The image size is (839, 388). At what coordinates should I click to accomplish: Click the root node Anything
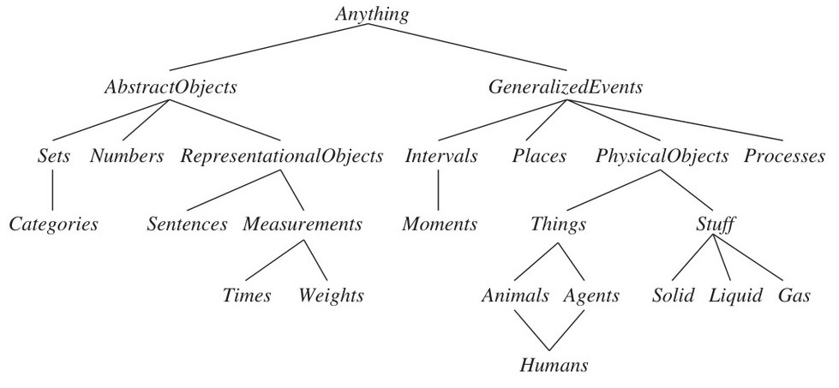(372, 15)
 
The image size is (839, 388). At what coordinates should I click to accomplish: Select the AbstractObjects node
(171, 87)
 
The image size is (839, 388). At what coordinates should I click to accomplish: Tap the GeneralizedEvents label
(566, 87)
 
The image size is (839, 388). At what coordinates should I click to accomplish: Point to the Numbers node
(127, 156)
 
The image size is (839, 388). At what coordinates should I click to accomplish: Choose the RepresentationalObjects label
(282, 156)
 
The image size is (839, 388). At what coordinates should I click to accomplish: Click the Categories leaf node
(53, 224)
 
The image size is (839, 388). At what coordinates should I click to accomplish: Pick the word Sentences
(188, 224)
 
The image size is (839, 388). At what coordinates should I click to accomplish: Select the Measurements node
(303, 224)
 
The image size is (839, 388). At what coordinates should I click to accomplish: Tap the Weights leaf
(331, 295)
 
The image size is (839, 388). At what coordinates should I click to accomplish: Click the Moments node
(440, 224)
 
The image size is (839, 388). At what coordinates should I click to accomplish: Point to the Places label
(539, 156)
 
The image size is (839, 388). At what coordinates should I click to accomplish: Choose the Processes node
(784, 156)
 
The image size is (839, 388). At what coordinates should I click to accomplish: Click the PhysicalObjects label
(662, 156)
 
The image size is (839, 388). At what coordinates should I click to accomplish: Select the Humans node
(554, 366)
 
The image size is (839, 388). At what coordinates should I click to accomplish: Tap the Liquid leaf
(735, 295)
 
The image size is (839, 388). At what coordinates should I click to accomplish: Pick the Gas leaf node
(794, 295)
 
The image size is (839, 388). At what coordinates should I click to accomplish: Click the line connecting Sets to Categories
(52, 190)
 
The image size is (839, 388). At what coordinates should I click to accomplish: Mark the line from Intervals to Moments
(438, 190)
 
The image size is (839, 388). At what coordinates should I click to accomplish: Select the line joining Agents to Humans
(568, 329)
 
